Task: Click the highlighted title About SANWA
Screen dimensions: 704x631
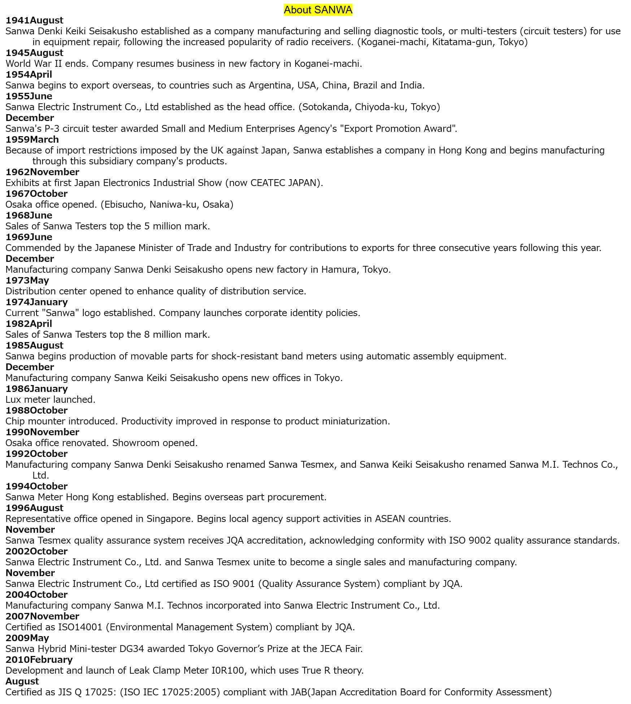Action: click(x=318, y=10)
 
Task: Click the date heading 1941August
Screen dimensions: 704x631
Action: click(x=34, y=21)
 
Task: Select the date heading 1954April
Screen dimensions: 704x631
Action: click(x=29, y=75)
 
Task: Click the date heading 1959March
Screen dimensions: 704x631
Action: click(x=32, y=140)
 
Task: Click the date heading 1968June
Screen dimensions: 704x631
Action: click(x=29, y=216)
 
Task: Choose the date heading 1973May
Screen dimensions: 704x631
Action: click(x=27, y=281)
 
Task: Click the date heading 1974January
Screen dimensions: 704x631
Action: click(x=36, y=302)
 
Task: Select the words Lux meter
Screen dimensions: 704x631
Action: click(x=28, y=400)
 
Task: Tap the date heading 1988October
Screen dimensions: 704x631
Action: click(x=36, y=411)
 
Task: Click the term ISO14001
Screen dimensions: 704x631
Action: click(x=80, y=627)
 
